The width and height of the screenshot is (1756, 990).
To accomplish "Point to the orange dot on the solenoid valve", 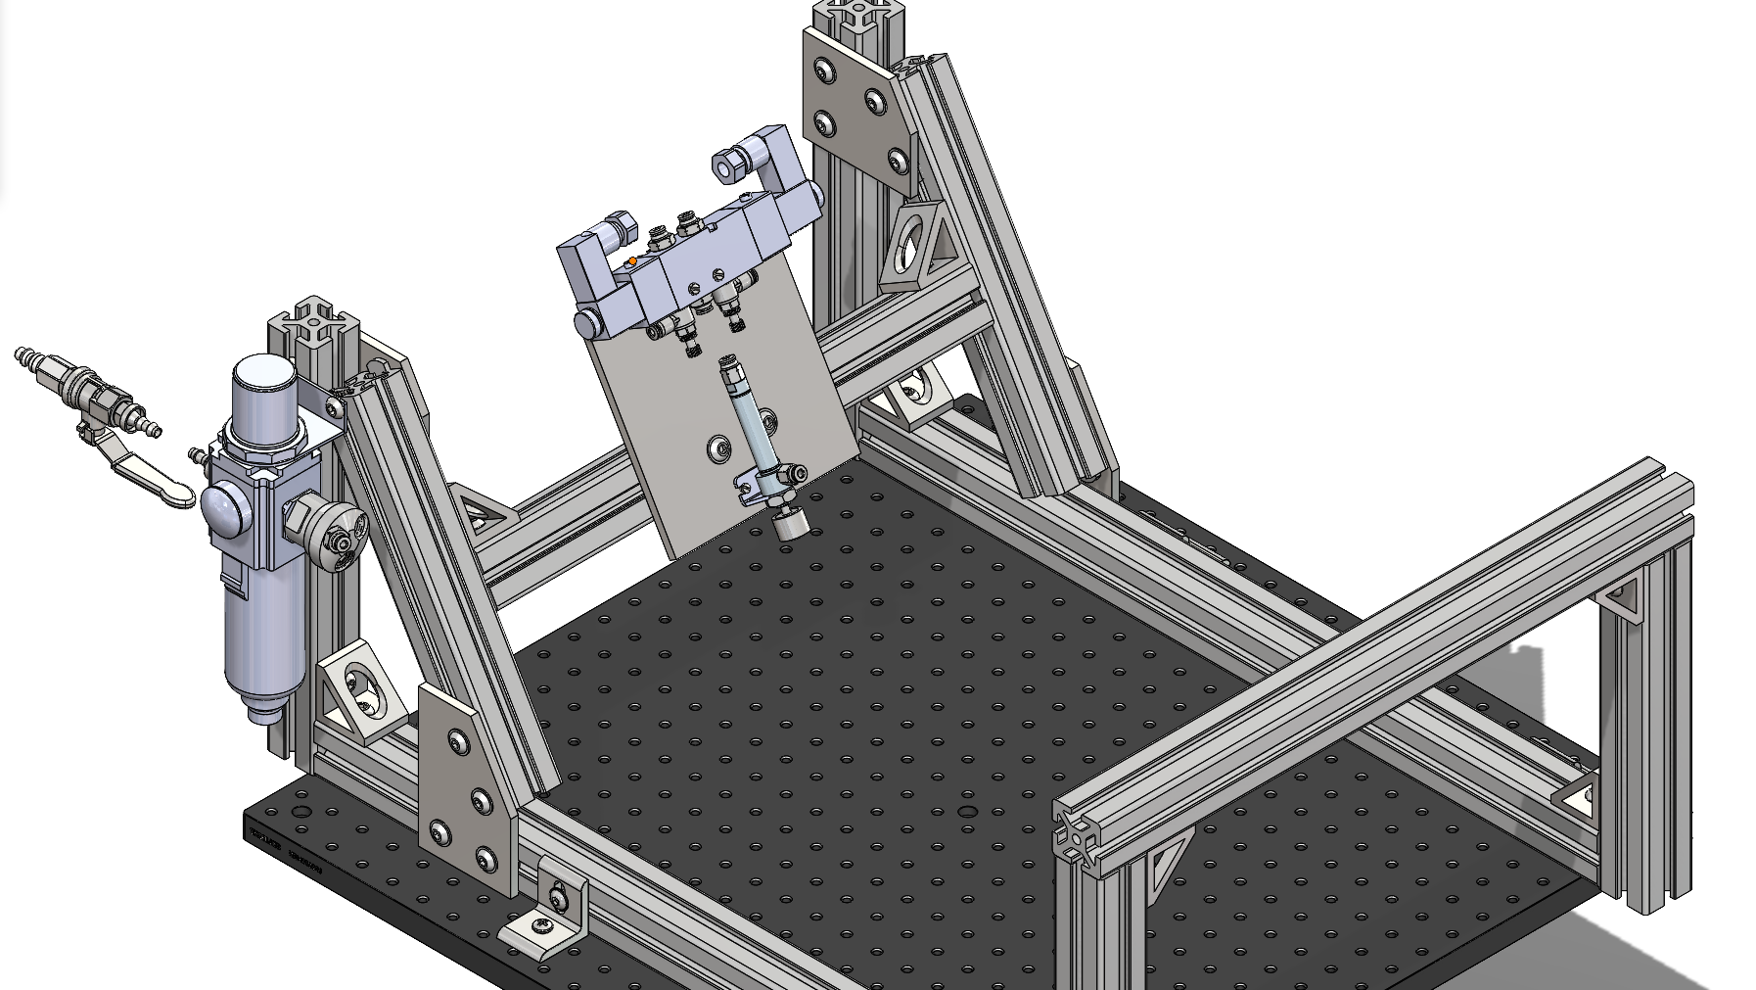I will pos(632,261).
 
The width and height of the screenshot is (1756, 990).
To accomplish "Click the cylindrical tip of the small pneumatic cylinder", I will pos(791,525).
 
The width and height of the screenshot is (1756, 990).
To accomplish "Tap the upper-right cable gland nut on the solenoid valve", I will pos(726,165).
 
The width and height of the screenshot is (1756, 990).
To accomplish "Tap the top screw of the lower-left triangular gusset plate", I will pos(456,741).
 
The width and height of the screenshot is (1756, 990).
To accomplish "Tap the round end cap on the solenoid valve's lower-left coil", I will pos(587,323).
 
